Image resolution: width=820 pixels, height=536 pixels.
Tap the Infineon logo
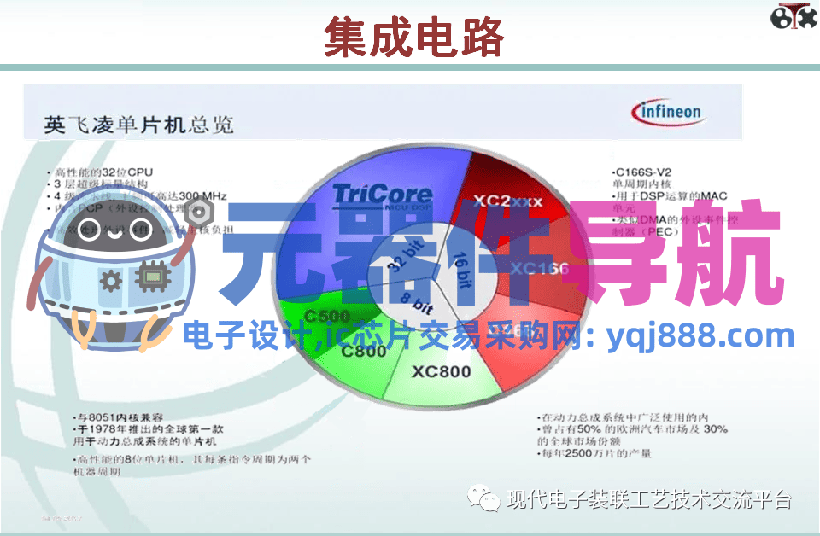[666, 112]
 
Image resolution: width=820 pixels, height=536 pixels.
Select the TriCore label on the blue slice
[381, 195]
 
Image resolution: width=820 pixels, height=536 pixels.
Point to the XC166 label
[539, 269]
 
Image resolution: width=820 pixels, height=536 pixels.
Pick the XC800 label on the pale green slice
[441, 372]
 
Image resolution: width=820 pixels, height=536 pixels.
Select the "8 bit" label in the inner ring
[418, 301]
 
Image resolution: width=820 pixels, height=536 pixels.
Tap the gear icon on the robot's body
[111, 280]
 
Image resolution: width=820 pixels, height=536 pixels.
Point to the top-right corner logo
[793, 17]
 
